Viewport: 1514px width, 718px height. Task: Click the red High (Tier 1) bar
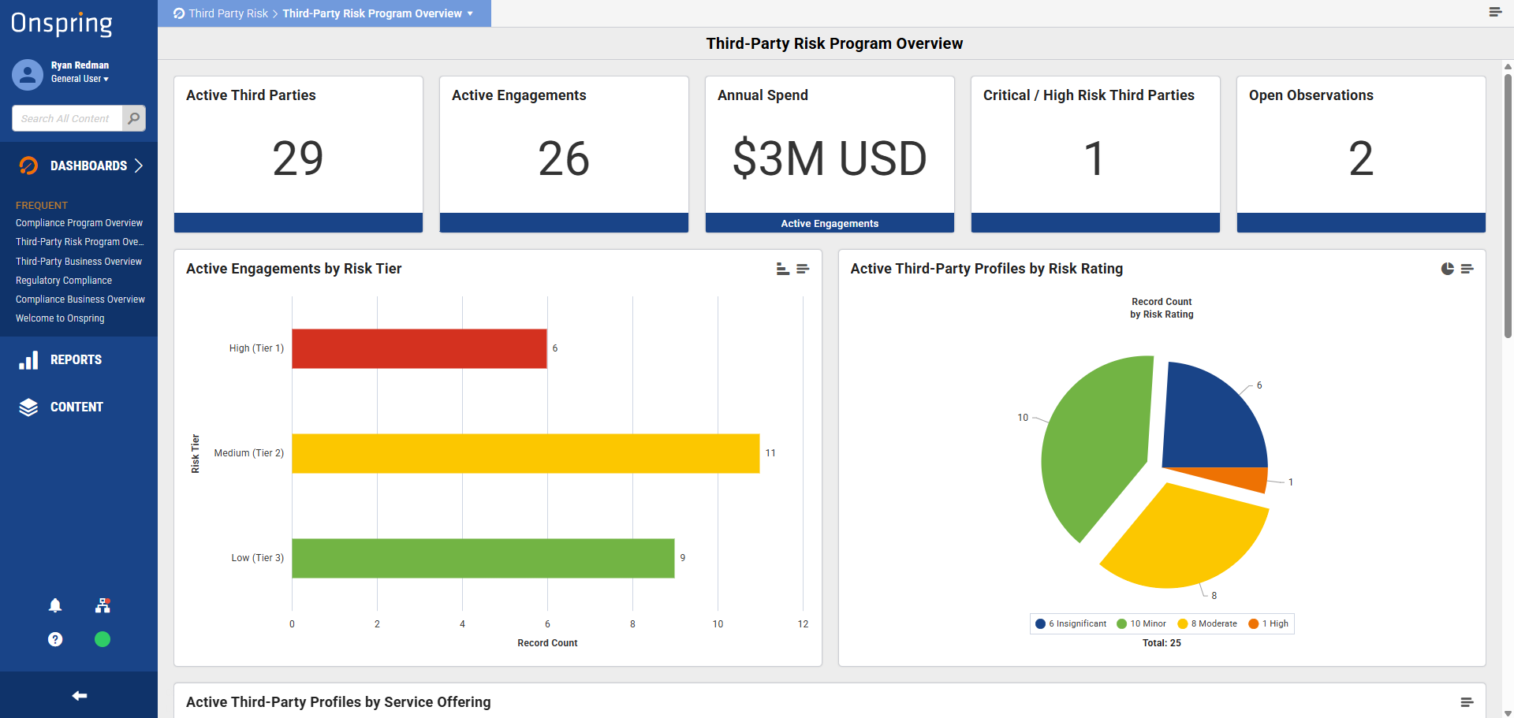coord(420,348)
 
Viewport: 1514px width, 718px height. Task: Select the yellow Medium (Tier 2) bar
coord(526,453)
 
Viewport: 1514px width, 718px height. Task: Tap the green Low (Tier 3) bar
coord(483,558)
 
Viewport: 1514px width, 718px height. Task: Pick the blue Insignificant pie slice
coord(1210,422)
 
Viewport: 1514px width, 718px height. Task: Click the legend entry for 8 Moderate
coord(1207,623)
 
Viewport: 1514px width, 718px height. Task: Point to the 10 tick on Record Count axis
coord(718,624)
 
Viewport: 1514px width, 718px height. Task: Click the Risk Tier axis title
coord(196,453)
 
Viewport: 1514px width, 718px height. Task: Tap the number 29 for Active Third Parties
coord(298,158)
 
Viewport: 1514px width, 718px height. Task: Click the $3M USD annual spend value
coord(830,158)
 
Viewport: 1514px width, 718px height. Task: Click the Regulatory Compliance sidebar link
coord(64,281)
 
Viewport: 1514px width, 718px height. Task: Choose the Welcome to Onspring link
coord(60,318)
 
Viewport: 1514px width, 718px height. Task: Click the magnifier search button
coord(134,118)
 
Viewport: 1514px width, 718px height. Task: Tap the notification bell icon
coord(55,605)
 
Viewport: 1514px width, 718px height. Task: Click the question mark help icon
coord(55,639)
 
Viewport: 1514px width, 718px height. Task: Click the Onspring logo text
coord(62,24)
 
